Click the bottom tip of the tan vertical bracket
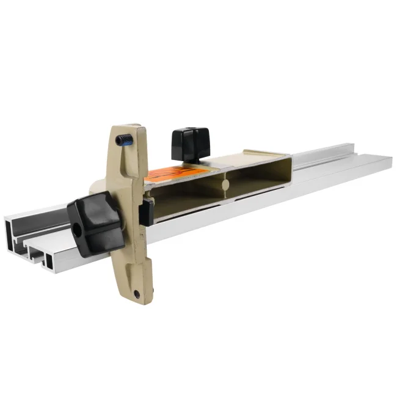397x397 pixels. tap(139, 300)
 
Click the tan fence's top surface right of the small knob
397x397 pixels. tap(244, 157)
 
